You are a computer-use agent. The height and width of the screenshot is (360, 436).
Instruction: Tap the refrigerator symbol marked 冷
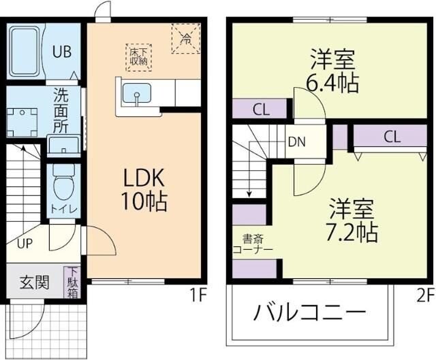coord(185,37)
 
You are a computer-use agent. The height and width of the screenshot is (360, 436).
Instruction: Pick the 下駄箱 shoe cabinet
coord(73,282)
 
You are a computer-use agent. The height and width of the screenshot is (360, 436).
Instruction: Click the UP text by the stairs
coord(24,242)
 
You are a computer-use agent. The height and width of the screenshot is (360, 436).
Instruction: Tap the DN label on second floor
coord(296,142)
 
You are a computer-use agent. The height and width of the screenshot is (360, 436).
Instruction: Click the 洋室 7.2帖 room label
coord(352,219)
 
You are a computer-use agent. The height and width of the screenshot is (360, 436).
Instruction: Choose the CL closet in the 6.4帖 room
coord(260,109)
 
